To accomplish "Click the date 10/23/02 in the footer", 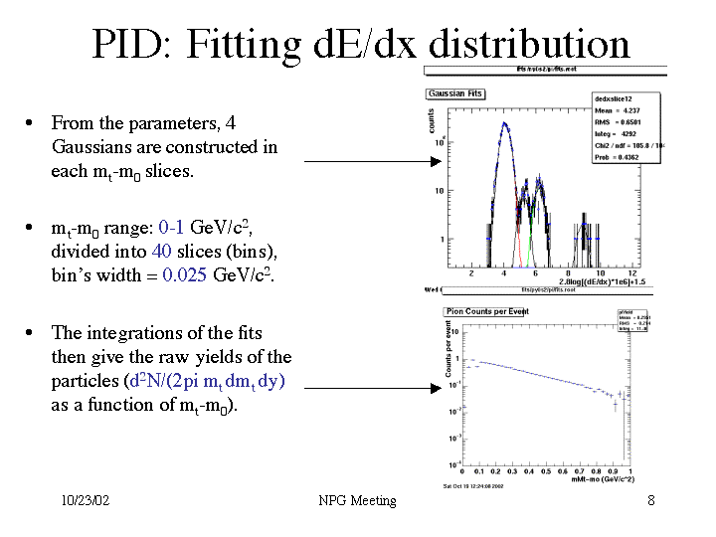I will [x=86, y=500].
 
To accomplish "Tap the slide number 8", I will [x=650, y=500].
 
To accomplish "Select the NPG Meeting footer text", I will [x=358, y=500].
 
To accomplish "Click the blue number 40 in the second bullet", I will [x=159, y=252].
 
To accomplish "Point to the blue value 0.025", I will [x=185, y=275].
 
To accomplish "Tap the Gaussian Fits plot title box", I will [x=456, y=93].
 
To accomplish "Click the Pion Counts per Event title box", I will [x=486, y=312].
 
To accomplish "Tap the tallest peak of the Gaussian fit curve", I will [x=505, y=124].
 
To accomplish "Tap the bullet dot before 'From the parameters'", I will [x=32, y=123].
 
